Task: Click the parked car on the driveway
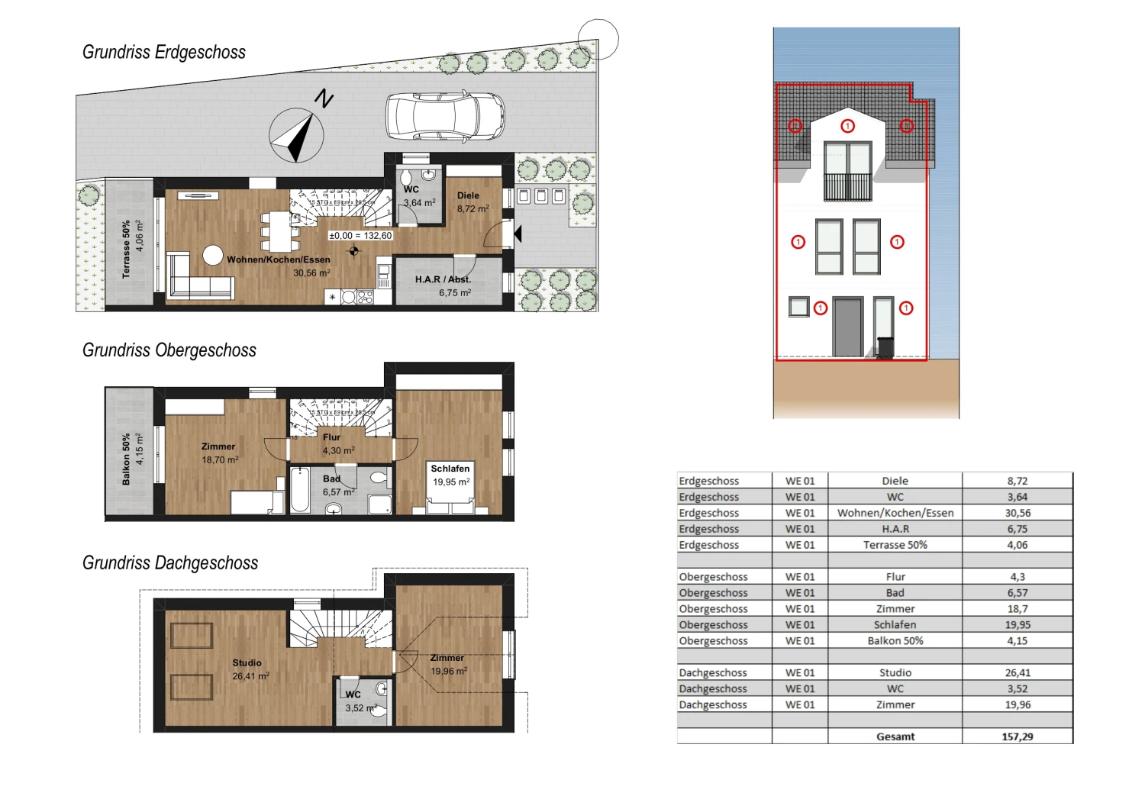click(x=445, y=116)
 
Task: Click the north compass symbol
click(x=296, y=136)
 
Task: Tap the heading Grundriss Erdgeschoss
click(x=164, y=53)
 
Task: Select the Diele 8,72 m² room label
click(x=472, y=202)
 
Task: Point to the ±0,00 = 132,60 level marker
click(x=360, y=236)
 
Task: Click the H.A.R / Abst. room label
click(x=444, y=285)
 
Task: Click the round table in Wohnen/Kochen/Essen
click(x=213, y=255)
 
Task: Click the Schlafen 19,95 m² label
click(x=450, y=475)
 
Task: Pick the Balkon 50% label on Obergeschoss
click(x=131, y=459)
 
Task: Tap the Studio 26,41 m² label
click(x=249, y=669)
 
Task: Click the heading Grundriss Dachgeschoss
click(x=170, y=563)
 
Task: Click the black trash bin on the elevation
click(x=885, y=348)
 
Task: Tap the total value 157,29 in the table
click(x=1018, y=736)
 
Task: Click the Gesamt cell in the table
click(x=895, y=736)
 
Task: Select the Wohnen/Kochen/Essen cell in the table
click(x=895, y=513)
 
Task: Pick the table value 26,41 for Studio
click(x=1018, y=672)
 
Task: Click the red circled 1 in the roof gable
click(x=847, y=126)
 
